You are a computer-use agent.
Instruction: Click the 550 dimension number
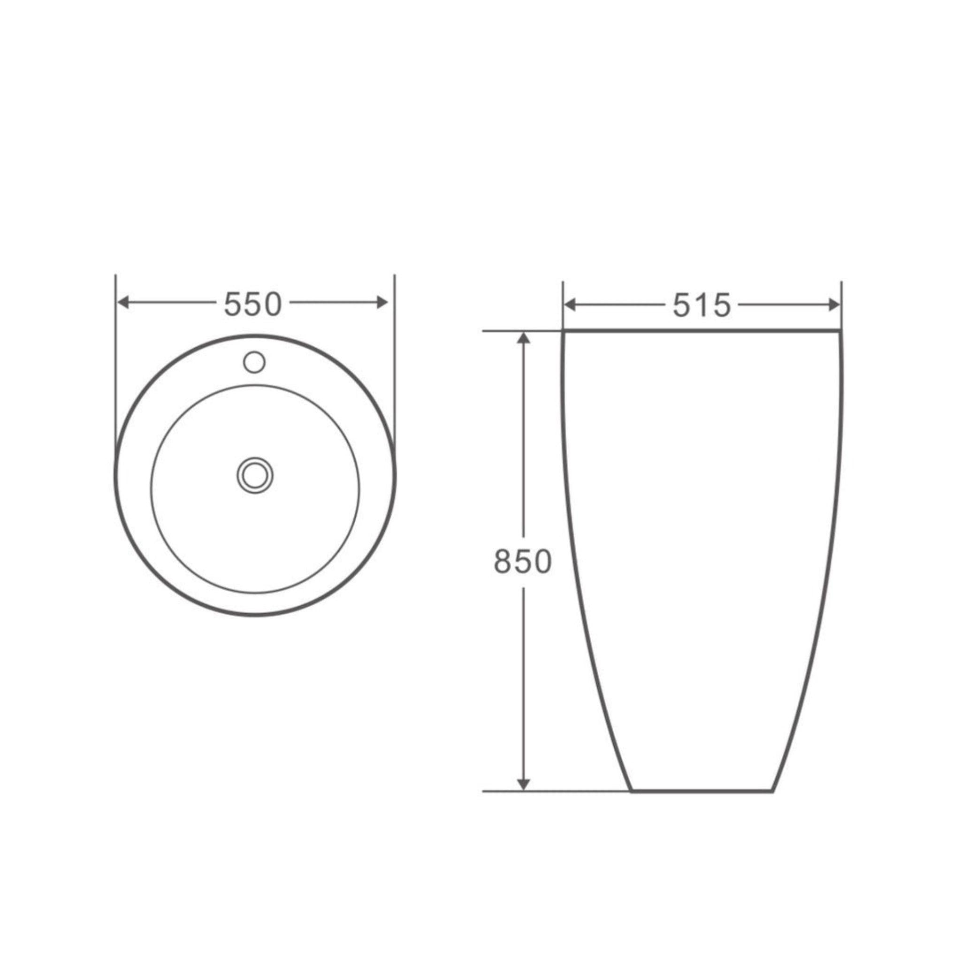253,304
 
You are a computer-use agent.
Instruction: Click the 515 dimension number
702,305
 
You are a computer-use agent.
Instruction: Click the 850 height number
522,561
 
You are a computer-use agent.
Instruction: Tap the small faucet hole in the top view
254,362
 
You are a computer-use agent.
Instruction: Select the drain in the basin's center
255,475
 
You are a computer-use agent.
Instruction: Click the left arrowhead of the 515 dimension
570,305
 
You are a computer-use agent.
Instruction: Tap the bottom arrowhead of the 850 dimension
523,784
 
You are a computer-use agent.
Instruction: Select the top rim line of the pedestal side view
702,330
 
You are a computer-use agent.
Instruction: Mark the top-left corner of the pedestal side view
564,331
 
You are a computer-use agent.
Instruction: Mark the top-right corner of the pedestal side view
840,331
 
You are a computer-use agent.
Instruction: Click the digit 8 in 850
503,561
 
